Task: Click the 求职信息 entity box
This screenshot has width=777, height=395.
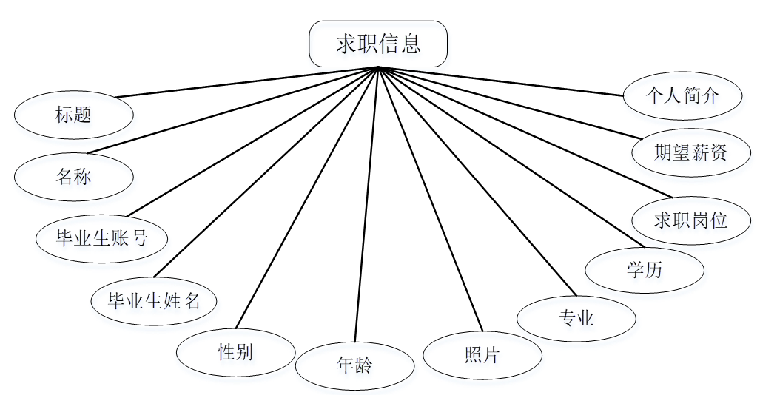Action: click(x=378, y=44)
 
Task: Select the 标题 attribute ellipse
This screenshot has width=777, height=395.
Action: click(x=74, y=115)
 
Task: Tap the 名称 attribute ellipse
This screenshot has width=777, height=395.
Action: click(x=74, y=177)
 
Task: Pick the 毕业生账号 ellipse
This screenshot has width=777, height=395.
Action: click(x=102, y=238)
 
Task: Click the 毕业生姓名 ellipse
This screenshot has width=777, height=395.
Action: click(x=155, y=300)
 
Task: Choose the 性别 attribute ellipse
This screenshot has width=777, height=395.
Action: click(x=236, y=351)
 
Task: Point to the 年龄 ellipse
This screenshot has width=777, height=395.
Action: click(x=354, y=365)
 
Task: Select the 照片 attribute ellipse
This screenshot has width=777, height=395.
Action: click(x=482, y=355)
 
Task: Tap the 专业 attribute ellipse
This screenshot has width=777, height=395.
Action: click(x=576, y=318)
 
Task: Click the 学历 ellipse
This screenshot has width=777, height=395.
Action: click(x=644, y=270)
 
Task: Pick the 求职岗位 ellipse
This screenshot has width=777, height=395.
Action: click(x=691, y=220)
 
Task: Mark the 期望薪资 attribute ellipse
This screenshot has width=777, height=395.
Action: click(x=691, y=152)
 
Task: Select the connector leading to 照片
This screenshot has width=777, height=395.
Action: click(x=431, y=200)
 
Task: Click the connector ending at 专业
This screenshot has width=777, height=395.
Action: click(x=477, y=181)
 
